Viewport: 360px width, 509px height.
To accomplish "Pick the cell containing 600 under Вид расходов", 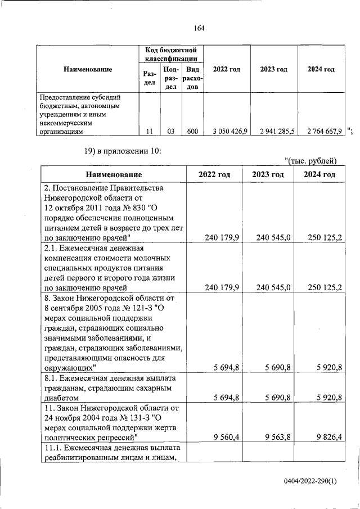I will (x=192, y=132).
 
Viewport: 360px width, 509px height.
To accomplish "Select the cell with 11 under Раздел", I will (x=149, y=132).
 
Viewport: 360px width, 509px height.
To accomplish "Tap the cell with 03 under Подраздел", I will (x=170, y=132).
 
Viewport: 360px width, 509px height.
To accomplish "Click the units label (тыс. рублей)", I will (x=310, y=162).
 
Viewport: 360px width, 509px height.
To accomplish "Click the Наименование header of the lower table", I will (x=114, y=175).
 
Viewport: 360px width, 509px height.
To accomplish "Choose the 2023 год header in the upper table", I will (x=273, y=69).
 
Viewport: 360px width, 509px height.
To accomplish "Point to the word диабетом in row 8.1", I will (x=62, y=398).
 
